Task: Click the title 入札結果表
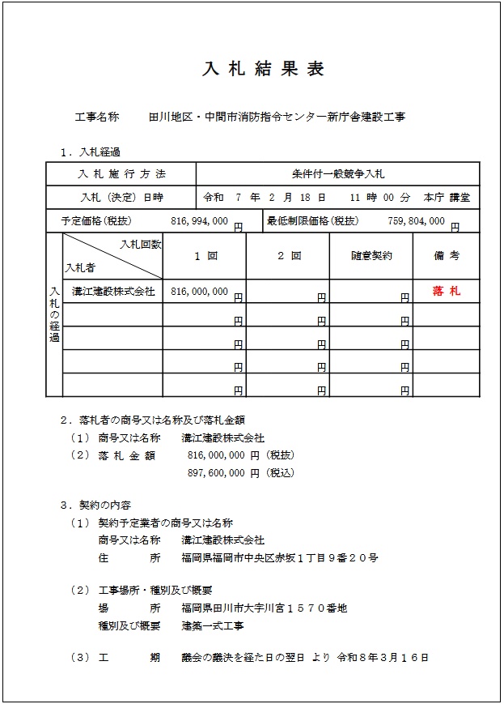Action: click(x=263, y=69)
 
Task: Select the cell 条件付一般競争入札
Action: click(x=338, y=174)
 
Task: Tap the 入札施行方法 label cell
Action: click(x=121, y=174)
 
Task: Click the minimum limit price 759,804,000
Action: click(x=417, y=220)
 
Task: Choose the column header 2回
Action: click(x=289, y=256)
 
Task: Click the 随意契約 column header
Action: click(x=371, y=256)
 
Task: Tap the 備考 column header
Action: click(x=447, y=256)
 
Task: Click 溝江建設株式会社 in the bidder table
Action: click(x=113, y=292)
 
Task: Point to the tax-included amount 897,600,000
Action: click(x=216, y=472)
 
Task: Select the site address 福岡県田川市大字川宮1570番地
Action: click(x=265, y=608)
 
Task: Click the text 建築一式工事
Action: click(x=213, y=625)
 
